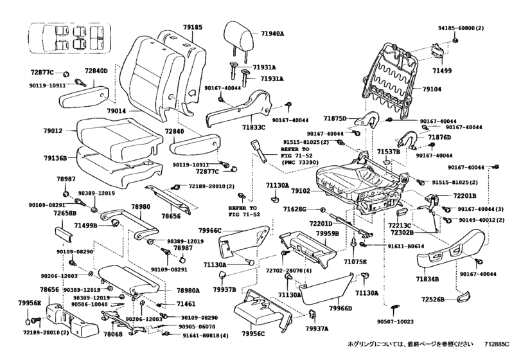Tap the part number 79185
(x=192, y=27)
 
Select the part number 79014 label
(x=117, y=111)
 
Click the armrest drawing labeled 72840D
(x=84, y=96)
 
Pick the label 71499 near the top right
(x=442, y=71)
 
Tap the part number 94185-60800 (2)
(x=460, y=28)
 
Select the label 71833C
(x=254, y=127)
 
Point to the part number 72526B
(x=432, y=300)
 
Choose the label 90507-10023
(x=395, y=322)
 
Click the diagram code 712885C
(x=497, y=345)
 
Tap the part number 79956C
(x=254, y=334)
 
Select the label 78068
(x=112, y=334)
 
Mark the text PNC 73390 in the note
(x=300, y=163)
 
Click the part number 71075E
(x=355, y=262)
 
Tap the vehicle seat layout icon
(x=69, y=37)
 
